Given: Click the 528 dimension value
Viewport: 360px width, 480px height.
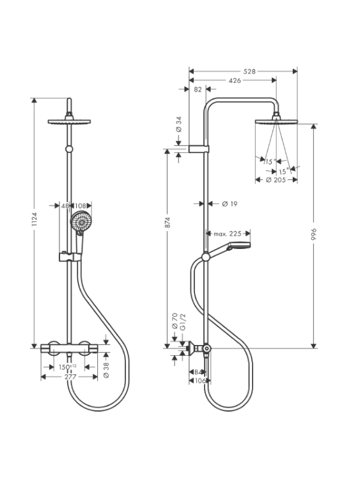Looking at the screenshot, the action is tap(249, 72).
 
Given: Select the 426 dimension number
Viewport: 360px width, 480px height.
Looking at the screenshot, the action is tap(235, 81).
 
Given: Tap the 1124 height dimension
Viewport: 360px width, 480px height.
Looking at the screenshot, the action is tap(34, 219).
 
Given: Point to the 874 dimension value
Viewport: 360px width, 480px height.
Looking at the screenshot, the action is tap(168, 222).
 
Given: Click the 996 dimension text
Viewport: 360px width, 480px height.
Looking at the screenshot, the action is tap(314, 234).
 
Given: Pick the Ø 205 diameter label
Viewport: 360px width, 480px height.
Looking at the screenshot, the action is tap(276, 180).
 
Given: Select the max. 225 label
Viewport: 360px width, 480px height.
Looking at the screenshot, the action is tap(228, 234).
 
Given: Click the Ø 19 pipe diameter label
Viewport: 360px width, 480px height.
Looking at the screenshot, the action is tap(230, 204).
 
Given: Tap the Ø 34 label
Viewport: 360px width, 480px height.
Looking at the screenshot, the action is tap(179, 124).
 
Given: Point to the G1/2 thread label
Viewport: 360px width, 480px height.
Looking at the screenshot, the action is tap(183, 322).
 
